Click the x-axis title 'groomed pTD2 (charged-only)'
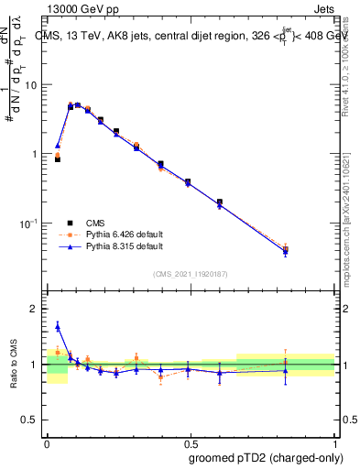(267, 457)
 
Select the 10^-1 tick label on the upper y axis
(28, 223)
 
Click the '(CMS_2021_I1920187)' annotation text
(190, 273)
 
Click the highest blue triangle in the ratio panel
(58, 326)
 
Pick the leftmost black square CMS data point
(58, 158)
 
